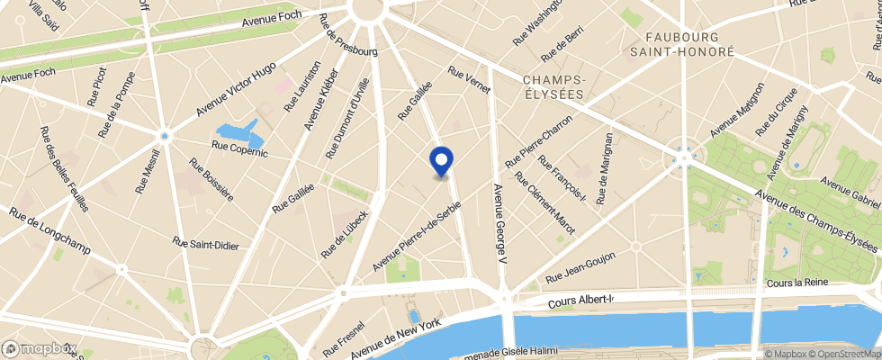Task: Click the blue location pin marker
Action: click(441, 161)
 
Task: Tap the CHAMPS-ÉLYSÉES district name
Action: click(554, 86)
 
